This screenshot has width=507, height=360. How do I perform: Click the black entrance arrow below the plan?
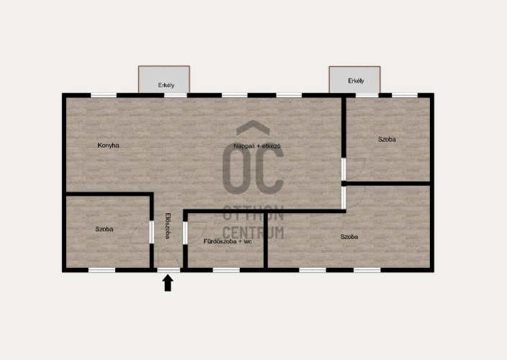tap(168, 283)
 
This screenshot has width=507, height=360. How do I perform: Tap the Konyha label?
tap(108, 145)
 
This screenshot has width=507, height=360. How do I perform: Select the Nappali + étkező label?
tap(257, 146)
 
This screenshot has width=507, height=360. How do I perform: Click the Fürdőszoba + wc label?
tap(228, 241)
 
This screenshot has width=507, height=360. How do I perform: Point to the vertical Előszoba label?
tap(168, 226)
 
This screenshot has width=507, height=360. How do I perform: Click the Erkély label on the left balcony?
tap(166, 85)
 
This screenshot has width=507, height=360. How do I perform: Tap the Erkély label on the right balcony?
tap(356, 81)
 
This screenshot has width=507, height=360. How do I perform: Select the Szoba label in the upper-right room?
tap(387, 139)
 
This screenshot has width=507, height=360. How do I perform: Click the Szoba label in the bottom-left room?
tap(104, 229)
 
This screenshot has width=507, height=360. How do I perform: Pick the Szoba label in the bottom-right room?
tap(349, 237)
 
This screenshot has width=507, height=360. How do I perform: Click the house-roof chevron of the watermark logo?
tap(253, 127)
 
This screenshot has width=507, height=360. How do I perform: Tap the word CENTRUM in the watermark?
tap(253, 233)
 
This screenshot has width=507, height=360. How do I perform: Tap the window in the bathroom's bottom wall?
tap(226, 270)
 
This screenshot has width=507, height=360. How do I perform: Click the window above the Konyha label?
tap(104, 95)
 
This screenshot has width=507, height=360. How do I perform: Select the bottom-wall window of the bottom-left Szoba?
tap(102, 270)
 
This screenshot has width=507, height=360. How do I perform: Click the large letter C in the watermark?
tap(269, 171)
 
